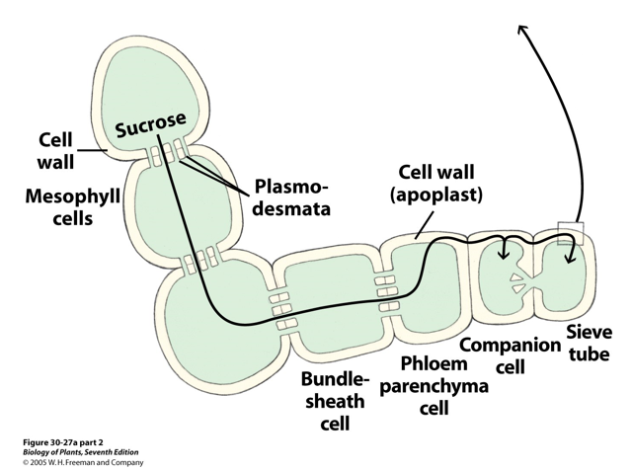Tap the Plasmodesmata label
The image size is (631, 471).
(293, 196)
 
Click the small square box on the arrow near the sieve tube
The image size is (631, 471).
(570, 232)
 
